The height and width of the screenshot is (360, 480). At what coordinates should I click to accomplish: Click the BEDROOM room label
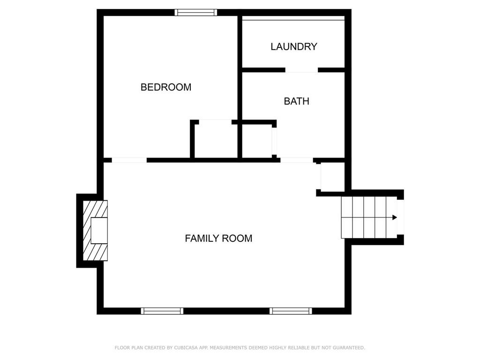pyautogui.click(x=166, y=87)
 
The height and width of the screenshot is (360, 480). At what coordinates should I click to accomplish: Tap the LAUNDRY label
pyautogui.click(x=294, y=46)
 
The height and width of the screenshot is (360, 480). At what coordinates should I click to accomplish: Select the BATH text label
pyautogui.click(x=296, y=101)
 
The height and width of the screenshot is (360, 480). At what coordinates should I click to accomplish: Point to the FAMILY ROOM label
pyautogui.click(x=218, y=238)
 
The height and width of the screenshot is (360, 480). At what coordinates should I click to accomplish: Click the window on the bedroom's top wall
pyautogui.click(x=196, y=12)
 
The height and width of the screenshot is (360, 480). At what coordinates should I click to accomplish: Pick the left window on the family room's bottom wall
pyautogui.click(x=162, y=311)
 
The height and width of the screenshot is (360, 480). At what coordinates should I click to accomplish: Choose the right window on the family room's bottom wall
pyautogui.click(x=291, y=311)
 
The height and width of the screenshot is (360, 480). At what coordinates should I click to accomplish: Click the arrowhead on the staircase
pyautogui.click(x=395, y=217)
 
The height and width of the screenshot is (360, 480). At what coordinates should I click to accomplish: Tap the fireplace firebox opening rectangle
pyautogui.click(x=99, y=231)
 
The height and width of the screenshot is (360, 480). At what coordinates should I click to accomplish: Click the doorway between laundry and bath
pyautogui.click(x=301, y=70)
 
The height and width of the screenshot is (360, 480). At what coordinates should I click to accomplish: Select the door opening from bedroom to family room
pyautogui.click(x=129, y=160)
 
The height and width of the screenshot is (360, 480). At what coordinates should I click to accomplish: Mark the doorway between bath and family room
pyautogui.click(x=297, y=160)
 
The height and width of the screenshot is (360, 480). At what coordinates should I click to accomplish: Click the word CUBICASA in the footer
pyautogui.click(x=186, y=347)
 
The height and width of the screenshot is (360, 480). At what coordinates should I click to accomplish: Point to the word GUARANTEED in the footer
pyautogui.click(x=349, y=347)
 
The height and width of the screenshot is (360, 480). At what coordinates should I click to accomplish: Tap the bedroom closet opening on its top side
pyautogui.click(x=215, y=122)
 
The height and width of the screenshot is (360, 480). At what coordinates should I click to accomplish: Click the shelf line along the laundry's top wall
pyautogui.click(x=293, y=20)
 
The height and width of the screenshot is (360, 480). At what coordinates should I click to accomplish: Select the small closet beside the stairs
pyautogui.click(x=333, y=177)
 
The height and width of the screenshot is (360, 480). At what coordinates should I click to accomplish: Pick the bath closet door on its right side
pyautogui.click(x=274, y=141)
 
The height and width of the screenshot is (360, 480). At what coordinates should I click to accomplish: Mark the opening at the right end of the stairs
pyautogui.click(x=400, y=217)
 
